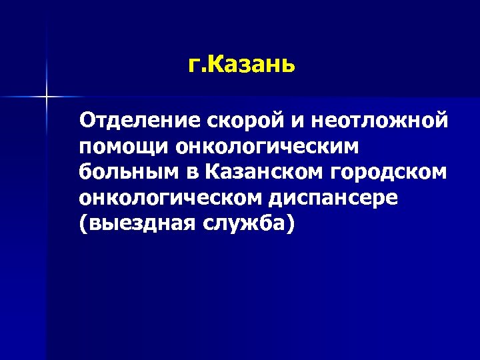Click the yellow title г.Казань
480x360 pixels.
pyautogui.click(x=241, y=66)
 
